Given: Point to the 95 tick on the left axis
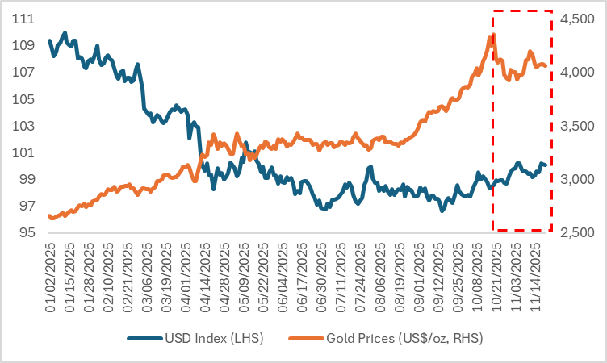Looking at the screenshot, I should (24, 233).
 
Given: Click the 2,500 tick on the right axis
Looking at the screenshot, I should (576, 233).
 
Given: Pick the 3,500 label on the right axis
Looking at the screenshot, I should (576, 126).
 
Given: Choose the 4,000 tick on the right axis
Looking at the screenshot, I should (576, 73).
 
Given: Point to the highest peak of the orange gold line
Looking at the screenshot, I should (491, 36).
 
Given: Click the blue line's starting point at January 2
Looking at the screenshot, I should (50, 40).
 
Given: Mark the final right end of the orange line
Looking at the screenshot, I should (546, 65).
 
